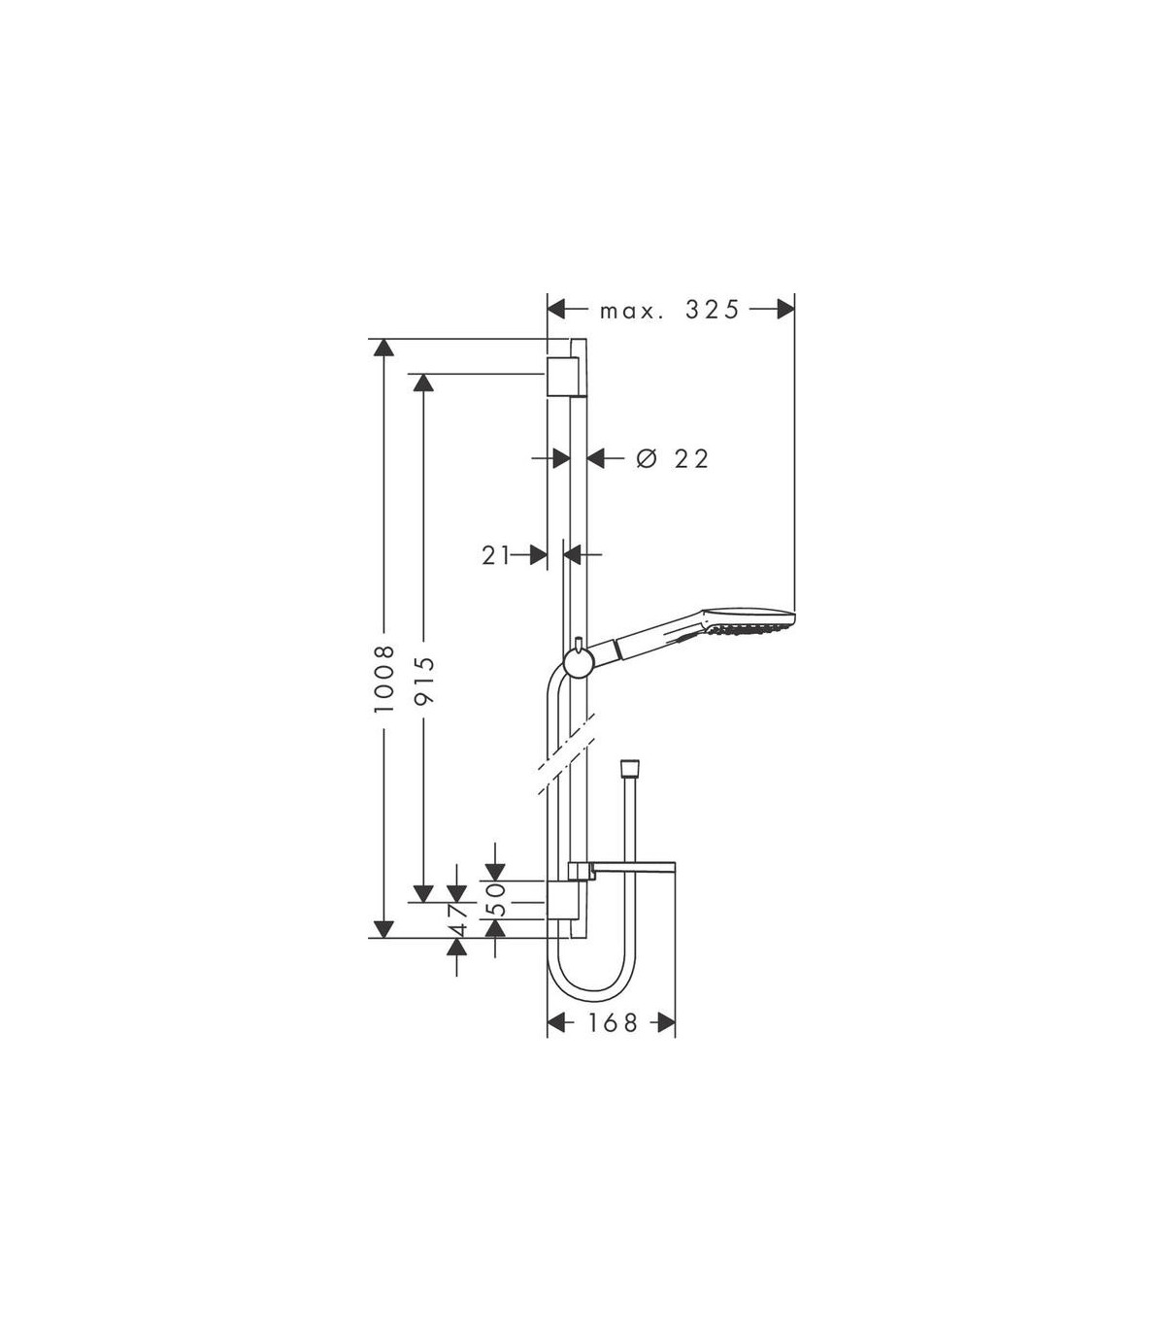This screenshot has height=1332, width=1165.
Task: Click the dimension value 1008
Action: pyautogui.click(x=384, y=679)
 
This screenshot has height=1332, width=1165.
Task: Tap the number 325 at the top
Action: pyautogui.click(x=712, y=310)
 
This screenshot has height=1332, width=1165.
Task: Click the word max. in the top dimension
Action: pyautogui.click(x=631, y=312)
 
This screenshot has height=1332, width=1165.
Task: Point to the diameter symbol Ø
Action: pyautogui.click(x=647, y=459)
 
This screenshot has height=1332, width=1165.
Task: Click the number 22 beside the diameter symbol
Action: pyautogui.click(x=691, y=459)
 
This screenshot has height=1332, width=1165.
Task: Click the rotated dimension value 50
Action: pyautogui.click(x=496, y=899)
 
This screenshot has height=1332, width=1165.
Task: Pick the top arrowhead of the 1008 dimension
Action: pyautogui.click(x=384, y=348)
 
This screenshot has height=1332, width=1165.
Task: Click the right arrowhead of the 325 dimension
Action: pyautogui.click(x=785, y=310)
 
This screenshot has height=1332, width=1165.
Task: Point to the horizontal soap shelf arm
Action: pyautogui.click(x=623, y=867)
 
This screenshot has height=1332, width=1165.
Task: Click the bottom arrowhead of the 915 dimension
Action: pyautogui.click(x=423, y=894)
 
